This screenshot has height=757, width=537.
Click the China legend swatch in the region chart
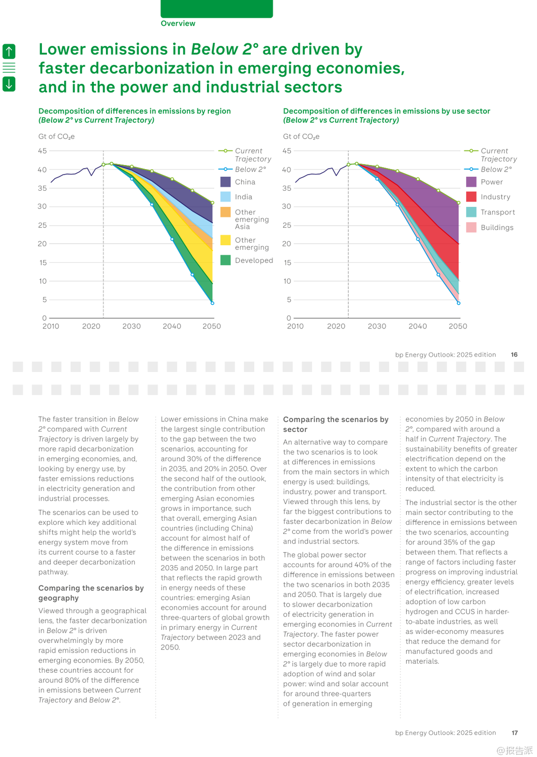(x=226, y=182)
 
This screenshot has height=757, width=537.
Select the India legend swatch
(x=226, y=197)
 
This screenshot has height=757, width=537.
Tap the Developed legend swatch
(x=226, y=260)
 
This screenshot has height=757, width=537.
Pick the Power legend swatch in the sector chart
(x=471, y=182)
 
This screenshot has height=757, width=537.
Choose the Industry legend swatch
(x=471, y=197)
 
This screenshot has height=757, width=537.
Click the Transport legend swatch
(x=471, y=212)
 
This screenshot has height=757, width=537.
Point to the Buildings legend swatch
(x=471, y=228)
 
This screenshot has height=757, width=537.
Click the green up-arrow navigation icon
(x=9, y=51)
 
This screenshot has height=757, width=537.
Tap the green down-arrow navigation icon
(x=9, y=84)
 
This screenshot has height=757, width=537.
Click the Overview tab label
(x=178, y=23)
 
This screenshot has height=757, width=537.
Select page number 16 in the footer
(x=514, y=355)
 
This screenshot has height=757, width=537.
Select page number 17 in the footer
(x=515, y=733)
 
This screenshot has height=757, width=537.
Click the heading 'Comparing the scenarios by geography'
(x=91, y=593)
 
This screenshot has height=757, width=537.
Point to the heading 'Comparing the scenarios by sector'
(x=336, y=424)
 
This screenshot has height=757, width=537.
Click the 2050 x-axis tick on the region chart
(x=211, y=327)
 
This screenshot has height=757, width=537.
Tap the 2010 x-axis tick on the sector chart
(x=295, y=327)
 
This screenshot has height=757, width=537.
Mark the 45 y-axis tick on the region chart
(x=42, y=151)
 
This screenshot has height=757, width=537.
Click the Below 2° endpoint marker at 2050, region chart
(x=212, y=303)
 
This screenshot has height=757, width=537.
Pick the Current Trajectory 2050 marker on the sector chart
(x=459, y=203)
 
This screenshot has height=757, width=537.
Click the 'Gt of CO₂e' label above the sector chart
(x=301, y=137)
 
